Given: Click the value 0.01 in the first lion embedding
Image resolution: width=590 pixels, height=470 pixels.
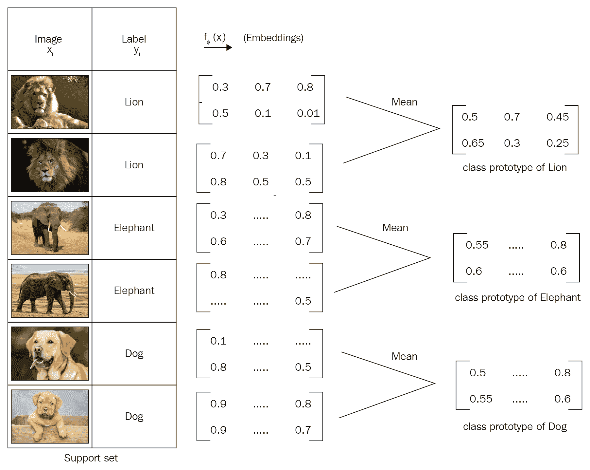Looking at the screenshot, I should click(x=308, y=113).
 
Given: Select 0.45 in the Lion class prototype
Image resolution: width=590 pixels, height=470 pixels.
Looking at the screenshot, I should click(x=557, y=117).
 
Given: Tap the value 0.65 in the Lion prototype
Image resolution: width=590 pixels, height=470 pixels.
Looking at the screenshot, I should click(x=473, y=143).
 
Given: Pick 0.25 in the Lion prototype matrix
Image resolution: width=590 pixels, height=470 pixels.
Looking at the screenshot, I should click(x=557, y=143).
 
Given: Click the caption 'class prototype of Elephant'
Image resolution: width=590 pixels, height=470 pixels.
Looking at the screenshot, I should click(x=517, y=297).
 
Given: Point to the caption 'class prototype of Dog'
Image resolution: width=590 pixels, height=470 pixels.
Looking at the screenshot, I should click(x=515, y=426).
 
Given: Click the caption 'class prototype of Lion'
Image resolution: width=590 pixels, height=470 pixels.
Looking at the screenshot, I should click(x=514, y=167).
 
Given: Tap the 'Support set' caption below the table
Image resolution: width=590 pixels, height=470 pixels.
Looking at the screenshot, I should click(x=91, y=458).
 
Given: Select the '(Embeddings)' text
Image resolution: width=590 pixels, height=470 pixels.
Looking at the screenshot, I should click(x=273, y=38).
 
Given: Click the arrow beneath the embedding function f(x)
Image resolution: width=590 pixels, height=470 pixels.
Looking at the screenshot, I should click(x=218, y=47).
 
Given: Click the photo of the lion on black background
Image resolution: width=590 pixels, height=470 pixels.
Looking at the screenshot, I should click(x=50, y=165).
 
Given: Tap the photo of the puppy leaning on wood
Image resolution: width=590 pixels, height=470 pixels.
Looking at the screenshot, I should click(x=50, y=416).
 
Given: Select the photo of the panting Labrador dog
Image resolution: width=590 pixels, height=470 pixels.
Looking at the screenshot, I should click(x=50, y=353).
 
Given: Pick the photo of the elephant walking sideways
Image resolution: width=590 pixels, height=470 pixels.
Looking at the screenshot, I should click(x=50, y=291).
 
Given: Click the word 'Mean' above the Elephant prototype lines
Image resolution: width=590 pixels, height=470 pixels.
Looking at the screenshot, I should click(x=395, y=228).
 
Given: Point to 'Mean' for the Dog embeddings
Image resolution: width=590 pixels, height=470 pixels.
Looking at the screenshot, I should click(x=404, y=356).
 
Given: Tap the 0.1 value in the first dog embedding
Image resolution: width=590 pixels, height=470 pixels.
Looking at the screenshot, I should click(x=218, y=341).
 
